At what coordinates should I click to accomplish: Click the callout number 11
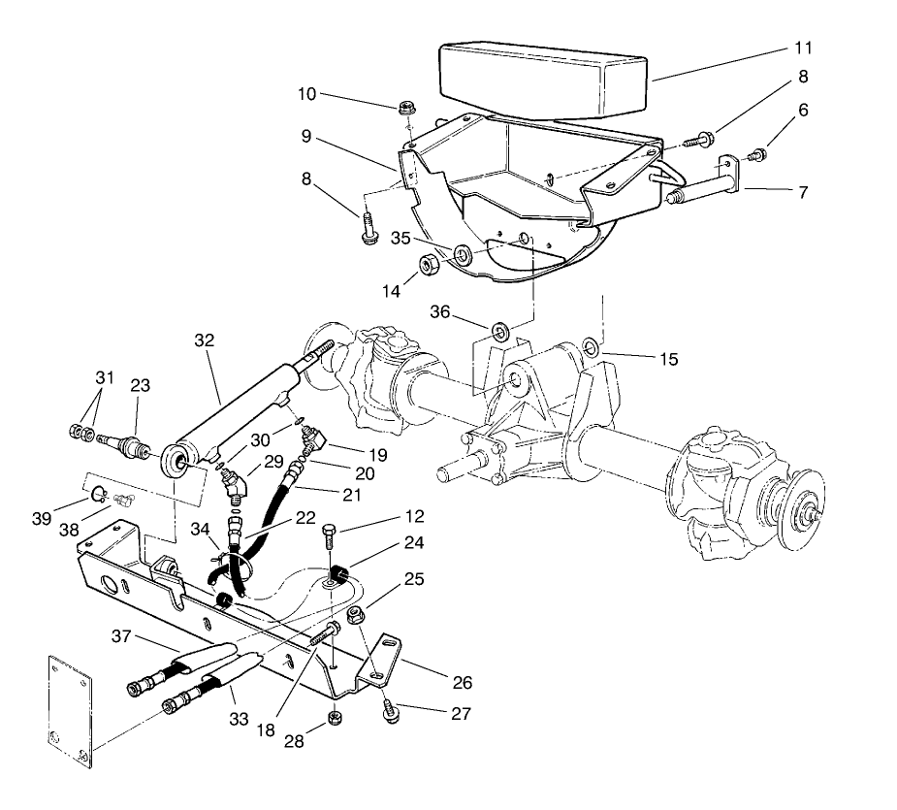point(803,47)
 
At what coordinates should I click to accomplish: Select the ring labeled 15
point(590,345)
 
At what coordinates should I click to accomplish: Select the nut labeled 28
point(333,718)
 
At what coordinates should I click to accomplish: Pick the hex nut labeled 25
point(354,614)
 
